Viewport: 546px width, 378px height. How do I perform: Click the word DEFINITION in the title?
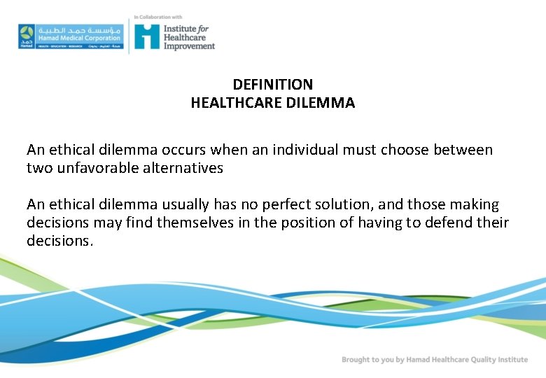[272, 85]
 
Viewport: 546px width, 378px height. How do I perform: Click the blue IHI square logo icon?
[147, 36]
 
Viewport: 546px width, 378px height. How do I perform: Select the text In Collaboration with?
[157, 16]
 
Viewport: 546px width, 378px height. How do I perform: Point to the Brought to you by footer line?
[434, 359]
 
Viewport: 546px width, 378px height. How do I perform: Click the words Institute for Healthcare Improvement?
[188, 36]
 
